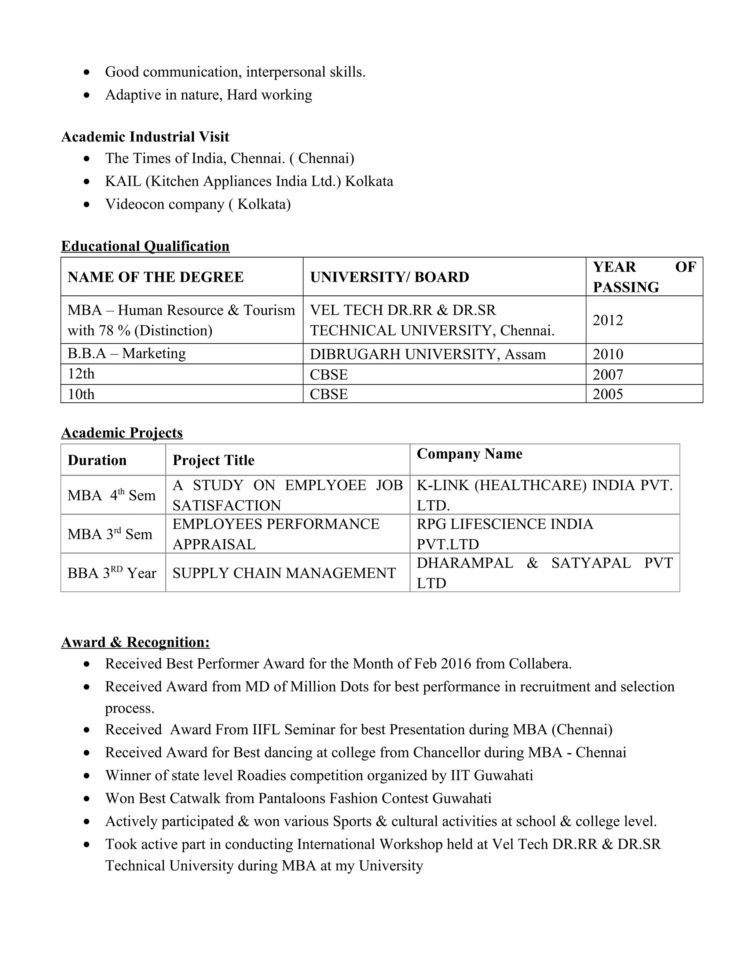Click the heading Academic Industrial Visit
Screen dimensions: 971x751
point(145,137)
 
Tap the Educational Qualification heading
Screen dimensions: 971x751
point(145,246)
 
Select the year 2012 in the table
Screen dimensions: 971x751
point(608,320)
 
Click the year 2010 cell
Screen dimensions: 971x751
point(608,354)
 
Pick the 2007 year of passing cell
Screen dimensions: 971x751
point(608,375)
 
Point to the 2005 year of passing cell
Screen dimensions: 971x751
point(608,394)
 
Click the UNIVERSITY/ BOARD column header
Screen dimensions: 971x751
point(389,277)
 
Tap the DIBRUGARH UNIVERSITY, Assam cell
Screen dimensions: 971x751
point(428,354)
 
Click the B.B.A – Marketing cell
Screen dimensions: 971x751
point(127,354)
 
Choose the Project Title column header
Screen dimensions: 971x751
point(213,460)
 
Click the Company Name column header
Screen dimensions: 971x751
point(469,454)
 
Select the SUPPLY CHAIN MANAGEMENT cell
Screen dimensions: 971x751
point(284,573)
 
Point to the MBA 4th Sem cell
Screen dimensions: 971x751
point(111,495)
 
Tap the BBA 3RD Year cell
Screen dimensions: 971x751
point(112,573)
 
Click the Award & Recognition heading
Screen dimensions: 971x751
point(135,642)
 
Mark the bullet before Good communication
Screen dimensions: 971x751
point(87,72)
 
